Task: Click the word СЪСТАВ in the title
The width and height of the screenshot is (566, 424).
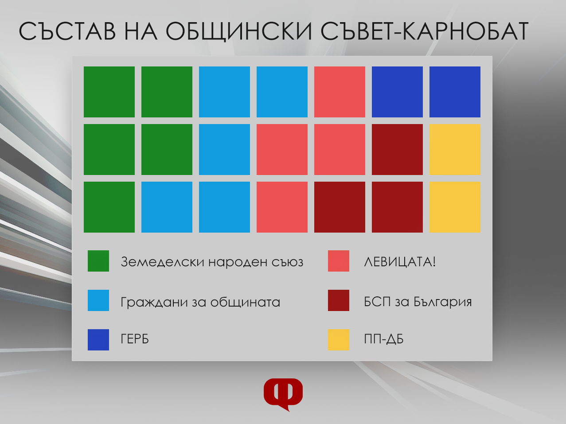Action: pyautogui.click(x=67, y=31)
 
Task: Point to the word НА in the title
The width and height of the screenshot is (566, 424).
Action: pyautogui.click(x=141, y=31)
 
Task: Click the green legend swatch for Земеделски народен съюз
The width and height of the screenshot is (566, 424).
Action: pyautogui.click(x=98, y=261)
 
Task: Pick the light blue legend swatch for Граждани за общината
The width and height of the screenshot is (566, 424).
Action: pyautogui.click(x=98, y=300)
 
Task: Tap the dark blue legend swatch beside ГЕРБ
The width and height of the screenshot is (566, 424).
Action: pyautogui.click(x=98, y=340)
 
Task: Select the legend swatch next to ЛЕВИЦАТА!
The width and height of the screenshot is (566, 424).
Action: pyautogui.click(x=339, y=261)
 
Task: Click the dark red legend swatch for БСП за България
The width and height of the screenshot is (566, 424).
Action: pyautogui.click(x=339, y=300)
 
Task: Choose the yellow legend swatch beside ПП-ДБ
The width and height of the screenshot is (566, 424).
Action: pyautogui.click(x=339, y=340)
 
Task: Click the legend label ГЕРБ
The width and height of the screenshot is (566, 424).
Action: pyautogui.click(x=135, y=339)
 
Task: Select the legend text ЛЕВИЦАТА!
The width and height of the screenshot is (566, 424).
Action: pyautogui.click(x=400, y=262)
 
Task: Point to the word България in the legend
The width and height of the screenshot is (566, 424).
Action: pyautogui.click(x=443, y=302)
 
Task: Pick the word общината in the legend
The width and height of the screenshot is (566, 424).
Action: pyautogui.click(x=245, y=302)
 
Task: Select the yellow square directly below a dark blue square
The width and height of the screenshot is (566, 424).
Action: pyautogui.click(x=455, y=149)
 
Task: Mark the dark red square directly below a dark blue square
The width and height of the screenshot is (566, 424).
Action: pyautogui.click(x=398, y=149)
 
